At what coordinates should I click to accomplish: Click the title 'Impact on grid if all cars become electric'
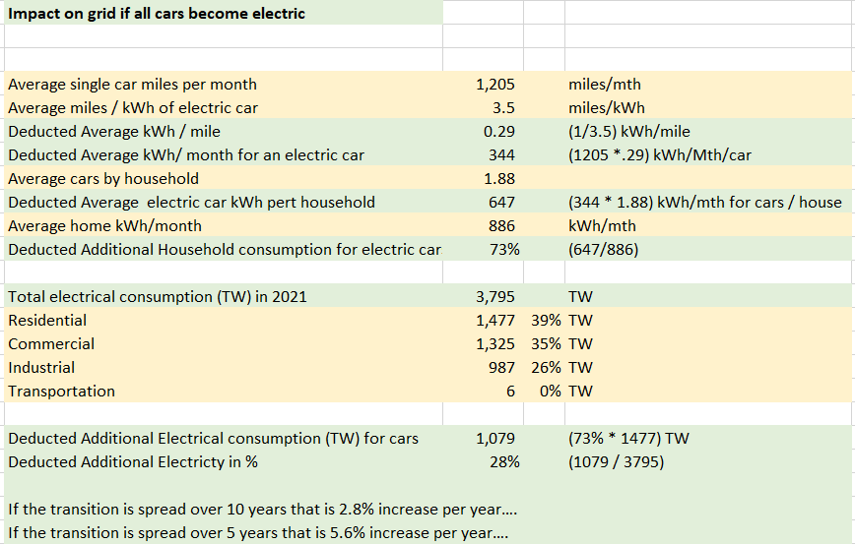[157, 14]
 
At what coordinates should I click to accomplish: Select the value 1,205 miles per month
[495, 85]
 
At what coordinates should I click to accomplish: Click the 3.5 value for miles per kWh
[503, 108]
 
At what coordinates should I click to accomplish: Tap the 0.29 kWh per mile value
[500, 132]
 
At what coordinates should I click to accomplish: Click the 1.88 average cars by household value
[500, 179]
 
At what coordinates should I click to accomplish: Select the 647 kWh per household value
[502, 203]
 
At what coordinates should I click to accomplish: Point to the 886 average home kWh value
[502, 226]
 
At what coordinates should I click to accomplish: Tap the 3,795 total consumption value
[495, 297]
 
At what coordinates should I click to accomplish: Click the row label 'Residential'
[47, 321]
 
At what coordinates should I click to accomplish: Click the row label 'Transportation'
[61, 392]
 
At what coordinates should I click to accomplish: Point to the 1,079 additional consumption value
[495, 439]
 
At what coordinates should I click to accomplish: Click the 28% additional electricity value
[504, 462]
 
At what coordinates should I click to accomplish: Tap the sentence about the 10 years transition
[262, 510]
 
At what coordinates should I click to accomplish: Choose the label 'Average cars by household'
[103, 179]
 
